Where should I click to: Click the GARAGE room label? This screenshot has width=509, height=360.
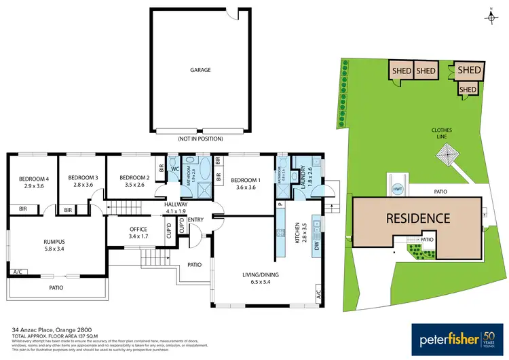(200, 69)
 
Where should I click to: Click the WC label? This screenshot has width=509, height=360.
(174, 168)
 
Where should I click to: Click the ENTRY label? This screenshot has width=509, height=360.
(195, 219)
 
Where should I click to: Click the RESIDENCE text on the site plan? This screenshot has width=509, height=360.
(418, 218)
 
